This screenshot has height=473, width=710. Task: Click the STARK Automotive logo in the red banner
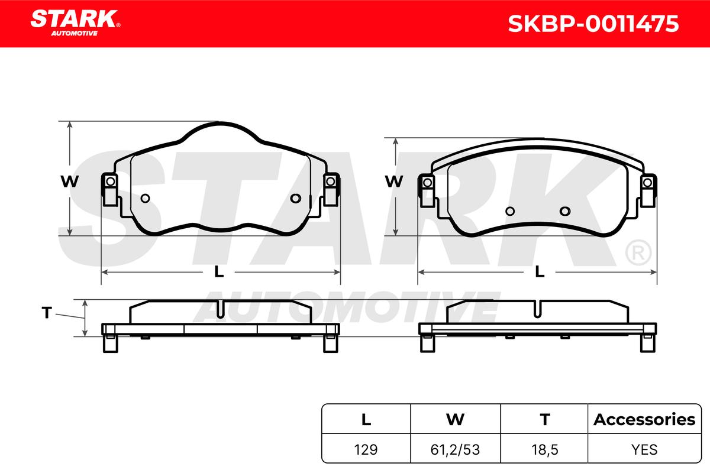[x=75, y=23]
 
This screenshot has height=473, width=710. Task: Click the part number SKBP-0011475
[x=593, y=24]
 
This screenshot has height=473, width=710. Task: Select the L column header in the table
[x=366, y=419]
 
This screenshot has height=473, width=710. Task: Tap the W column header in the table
[x=455, y=419]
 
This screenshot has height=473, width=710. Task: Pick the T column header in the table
[x=544, y=419]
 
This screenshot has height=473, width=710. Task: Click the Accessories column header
[x=644, y=419]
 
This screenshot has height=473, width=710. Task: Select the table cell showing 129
[x=366, y=449]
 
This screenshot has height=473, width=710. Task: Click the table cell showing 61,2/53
[x=455, y=450]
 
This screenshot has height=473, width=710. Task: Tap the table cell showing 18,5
[x=544, y=450]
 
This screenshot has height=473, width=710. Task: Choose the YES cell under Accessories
[x=644, y=449]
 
